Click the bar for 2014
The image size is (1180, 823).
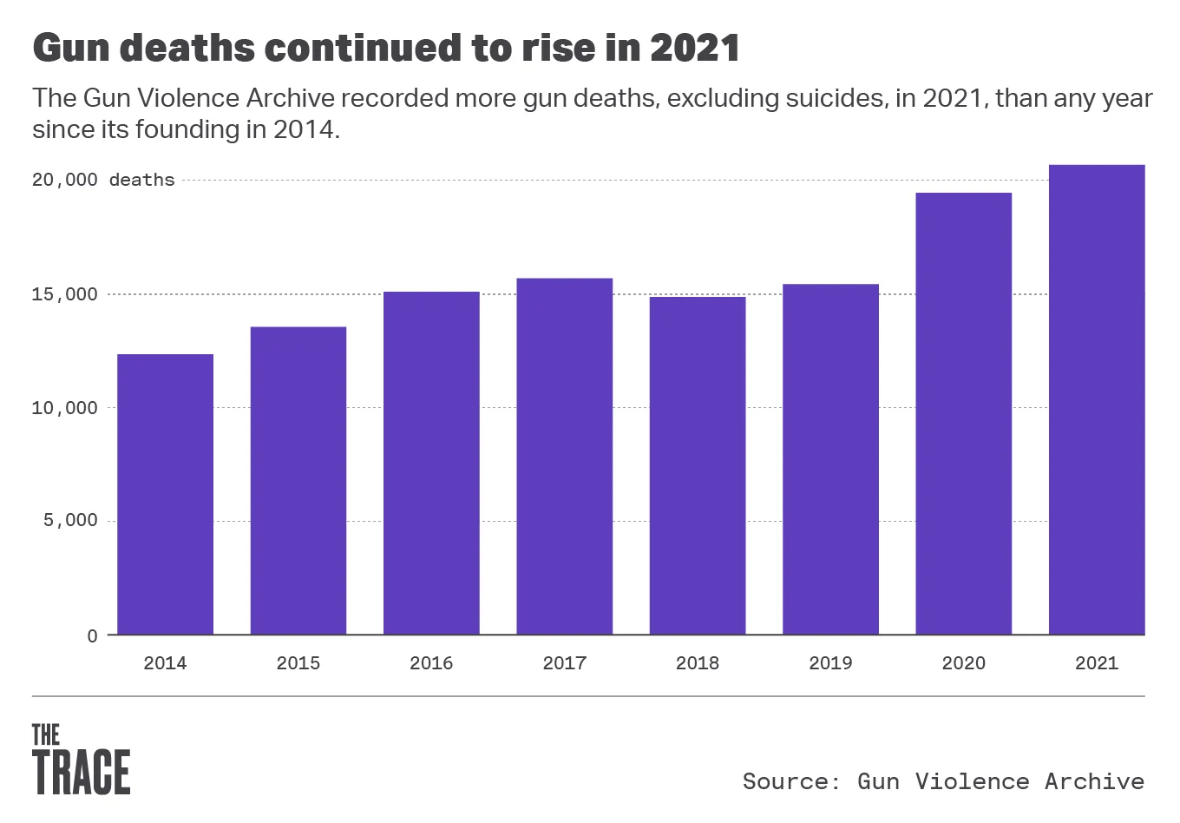click(165, 494)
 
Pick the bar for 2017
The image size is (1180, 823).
click(565, 456)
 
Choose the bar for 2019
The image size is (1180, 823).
click(830, 459)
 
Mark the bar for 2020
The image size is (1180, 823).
click(964, 413)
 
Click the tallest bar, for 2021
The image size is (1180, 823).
click(1097, 399)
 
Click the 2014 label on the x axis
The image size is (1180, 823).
click(165, 663)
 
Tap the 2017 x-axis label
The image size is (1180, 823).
click(565, 663)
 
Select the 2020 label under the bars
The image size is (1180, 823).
click(964, 663)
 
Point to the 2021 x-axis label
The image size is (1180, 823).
click(1097, 663)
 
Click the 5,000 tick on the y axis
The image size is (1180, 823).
click(70, 521)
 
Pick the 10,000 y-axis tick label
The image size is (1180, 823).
click(65, 408)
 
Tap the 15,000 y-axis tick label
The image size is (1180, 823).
click(65, 294)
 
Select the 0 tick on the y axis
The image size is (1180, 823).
click(92, 635)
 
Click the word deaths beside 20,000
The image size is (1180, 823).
click(141, 181)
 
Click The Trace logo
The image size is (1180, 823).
click(81, 759)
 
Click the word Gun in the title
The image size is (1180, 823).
click(70, 48)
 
